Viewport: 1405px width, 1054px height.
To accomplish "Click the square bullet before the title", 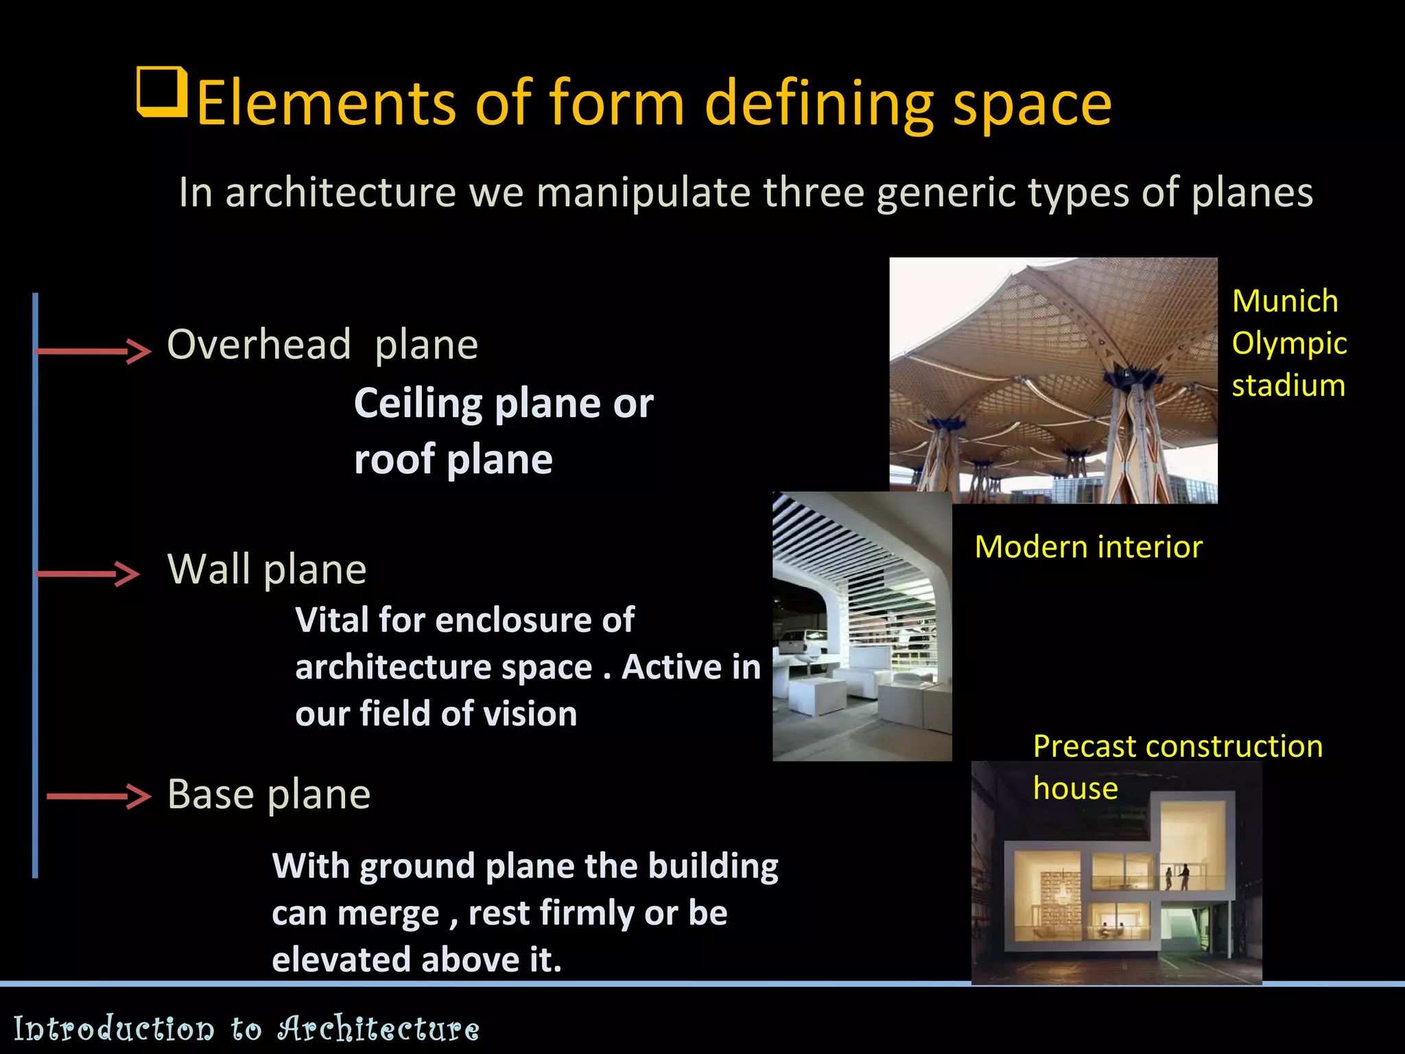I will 162,92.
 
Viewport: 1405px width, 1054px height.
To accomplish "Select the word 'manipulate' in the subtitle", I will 644,192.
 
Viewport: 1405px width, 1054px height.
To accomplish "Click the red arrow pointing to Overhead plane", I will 93,351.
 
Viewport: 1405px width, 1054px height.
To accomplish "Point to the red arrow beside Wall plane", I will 87,573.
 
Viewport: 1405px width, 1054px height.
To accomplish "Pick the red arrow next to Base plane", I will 98,796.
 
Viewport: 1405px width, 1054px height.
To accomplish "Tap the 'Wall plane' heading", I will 267,569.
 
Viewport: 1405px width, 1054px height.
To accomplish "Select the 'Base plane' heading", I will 269,794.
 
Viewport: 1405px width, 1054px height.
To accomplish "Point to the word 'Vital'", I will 332,620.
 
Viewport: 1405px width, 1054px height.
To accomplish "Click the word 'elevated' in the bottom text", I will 341,959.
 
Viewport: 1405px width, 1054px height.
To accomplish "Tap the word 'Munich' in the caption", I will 1284,301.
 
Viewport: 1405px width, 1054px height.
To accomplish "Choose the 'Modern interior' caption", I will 1088,547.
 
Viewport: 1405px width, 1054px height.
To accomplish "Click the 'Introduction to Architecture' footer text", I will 246,1028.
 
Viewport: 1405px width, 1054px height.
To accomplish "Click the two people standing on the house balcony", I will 1177,876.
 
